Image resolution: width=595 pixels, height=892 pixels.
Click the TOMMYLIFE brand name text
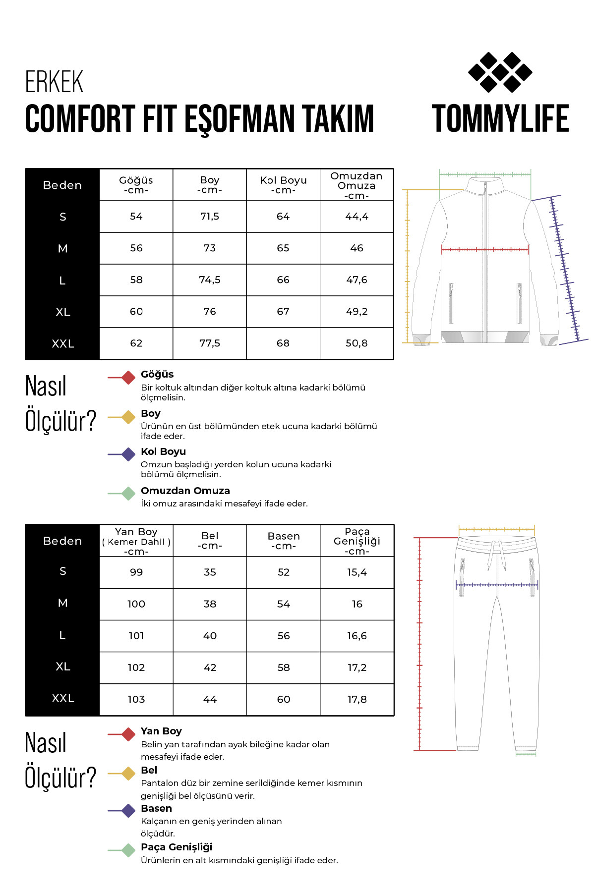500,119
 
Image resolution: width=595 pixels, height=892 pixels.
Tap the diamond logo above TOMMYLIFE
500,72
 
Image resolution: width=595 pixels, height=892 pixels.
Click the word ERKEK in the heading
54,82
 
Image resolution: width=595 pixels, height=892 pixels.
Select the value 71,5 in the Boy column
209,217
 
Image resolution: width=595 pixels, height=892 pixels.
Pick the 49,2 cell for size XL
357,312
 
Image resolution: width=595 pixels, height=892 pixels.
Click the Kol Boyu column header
283,185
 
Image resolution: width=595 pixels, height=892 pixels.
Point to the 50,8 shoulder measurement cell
357,343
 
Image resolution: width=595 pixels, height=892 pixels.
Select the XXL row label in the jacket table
62,344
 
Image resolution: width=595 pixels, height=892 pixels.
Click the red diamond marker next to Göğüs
128,378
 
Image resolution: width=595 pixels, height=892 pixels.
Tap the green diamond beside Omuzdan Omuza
128,494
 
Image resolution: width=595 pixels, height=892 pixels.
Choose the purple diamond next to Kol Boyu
128,454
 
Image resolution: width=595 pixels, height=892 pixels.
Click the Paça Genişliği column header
357,541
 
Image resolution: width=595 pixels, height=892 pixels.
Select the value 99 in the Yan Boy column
136,572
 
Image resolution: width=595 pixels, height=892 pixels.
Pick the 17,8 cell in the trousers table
357,699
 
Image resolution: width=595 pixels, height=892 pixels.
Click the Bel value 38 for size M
210,604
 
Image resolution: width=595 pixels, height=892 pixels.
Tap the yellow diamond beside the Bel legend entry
128,774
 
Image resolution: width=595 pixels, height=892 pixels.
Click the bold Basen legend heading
156,808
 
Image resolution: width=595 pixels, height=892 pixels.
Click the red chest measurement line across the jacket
484,249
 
